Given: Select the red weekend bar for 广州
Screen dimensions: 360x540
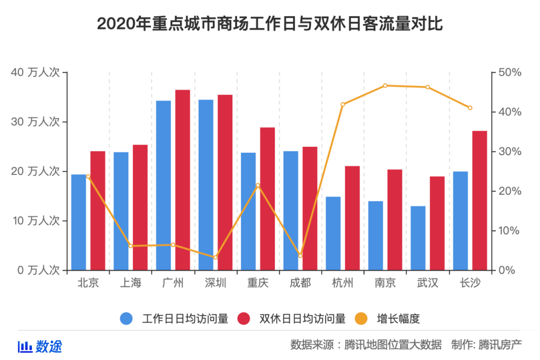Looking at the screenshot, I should coord(183,180).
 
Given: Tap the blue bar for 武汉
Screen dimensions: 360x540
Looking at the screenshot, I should coord(418,238).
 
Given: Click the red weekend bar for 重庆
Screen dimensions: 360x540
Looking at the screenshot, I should coord(267,199).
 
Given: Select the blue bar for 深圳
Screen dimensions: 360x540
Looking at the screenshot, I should coord(206,185).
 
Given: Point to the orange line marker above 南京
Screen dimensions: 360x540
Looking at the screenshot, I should coord(385,85).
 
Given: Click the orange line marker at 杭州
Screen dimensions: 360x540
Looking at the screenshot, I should coord(343,104).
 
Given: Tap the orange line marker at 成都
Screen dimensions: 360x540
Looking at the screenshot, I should coord(300,256).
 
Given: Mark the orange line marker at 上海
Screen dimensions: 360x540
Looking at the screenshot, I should coord(131,246).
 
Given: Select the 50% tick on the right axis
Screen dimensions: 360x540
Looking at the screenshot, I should coord(509,72).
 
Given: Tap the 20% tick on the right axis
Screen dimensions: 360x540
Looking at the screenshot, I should coord(509,191).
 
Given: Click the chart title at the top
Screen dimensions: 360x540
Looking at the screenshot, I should coord(270,24).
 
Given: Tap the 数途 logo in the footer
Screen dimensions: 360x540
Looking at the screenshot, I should coord(40,346).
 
